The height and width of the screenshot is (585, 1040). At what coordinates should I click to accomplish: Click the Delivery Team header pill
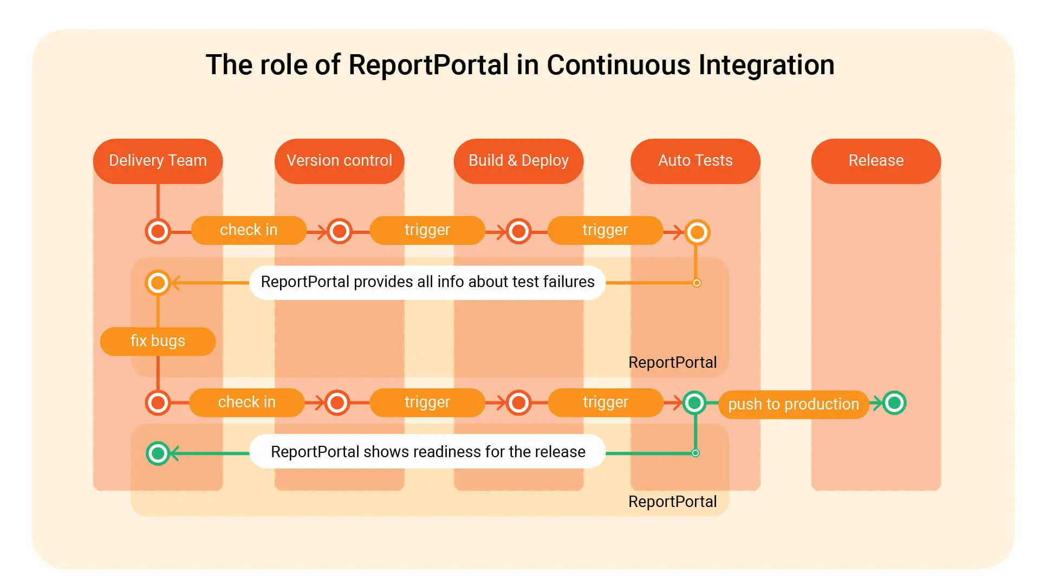158,161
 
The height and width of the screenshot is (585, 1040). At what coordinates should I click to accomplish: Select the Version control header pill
339,161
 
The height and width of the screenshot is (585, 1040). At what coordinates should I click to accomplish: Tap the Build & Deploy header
518,161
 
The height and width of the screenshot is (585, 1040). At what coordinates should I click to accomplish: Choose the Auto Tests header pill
695,161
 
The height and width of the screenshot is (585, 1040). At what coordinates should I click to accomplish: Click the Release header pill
876,161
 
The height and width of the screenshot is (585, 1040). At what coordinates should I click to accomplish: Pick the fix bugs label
158,341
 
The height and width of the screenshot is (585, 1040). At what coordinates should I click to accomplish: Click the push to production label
793,404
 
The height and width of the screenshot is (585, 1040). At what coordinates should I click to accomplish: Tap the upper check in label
249,230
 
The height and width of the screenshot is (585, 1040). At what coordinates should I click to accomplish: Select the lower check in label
246,402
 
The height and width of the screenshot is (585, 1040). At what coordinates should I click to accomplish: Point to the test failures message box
427,282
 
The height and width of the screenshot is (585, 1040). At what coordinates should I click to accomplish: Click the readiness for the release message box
427,452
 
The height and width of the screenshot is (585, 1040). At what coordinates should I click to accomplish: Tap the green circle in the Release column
894,403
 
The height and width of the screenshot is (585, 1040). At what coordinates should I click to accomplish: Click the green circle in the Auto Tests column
694,403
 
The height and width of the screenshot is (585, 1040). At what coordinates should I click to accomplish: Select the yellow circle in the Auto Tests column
697,232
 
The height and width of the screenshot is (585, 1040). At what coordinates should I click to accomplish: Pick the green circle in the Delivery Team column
158,453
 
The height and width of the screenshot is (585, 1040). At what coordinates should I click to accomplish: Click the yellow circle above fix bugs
158,283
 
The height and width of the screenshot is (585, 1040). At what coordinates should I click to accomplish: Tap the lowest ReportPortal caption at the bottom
672,502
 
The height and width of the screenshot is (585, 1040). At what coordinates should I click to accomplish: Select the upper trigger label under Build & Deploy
604,230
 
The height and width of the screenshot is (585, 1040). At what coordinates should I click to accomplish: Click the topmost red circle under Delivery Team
158,232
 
